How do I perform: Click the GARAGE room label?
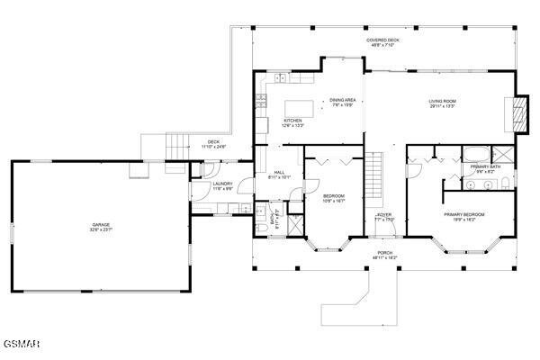tap(101, 224)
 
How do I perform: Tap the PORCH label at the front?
tap(385, 253)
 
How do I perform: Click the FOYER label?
tap(384, 214)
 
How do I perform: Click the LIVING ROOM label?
tap(442, 101)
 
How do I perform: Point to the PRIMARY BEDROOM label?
tap(463, 214)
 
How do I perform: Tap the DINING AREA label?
tap(343, 100)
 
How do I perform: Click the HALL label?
tap(279, 172)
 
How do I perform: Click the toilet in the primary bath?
tap(506, 184)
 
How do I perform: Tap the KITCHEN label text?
tap(293, 121)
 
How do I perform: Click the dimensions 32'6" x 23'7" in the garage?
tap(101, 229)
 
